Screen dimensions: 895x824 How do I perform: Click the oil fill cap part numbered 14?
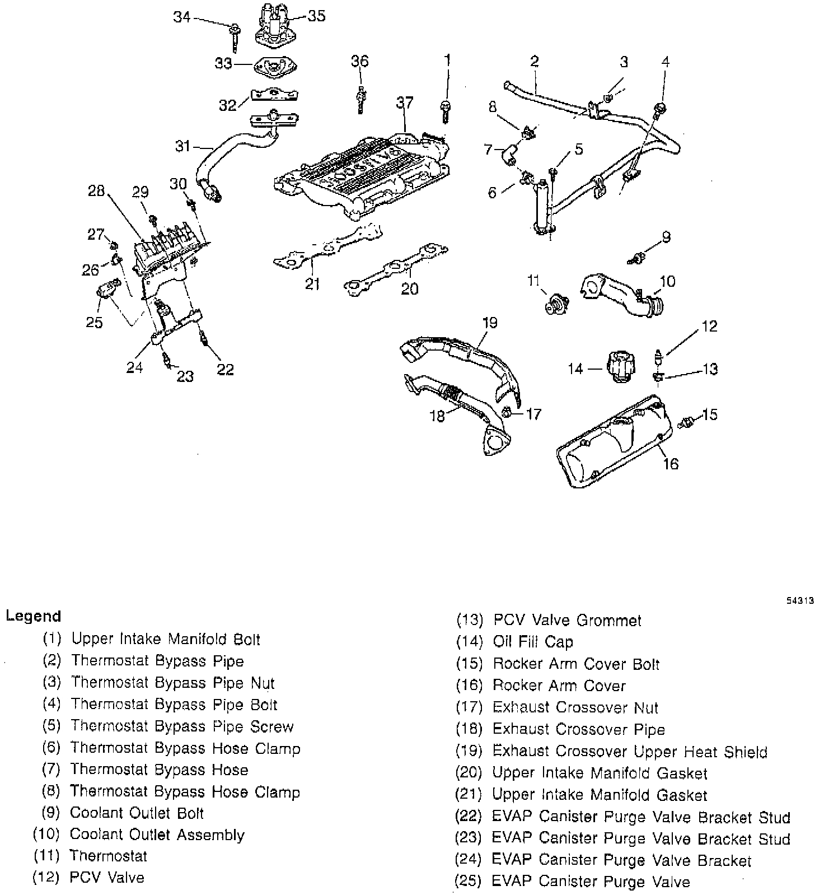[x=622, y=367]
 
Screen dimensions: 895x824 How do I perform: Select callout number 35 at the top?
[x=316, y=16]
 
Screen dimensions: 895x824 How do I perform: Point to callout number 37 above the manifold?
[x=405, y=102]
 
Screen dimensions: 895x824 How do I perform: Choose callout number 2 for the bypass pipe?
[x=534, y=60]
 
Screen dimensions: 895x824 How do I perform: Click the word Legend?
[x=33, y=616]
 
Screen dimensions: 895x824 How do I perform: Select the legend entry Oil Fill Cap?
[x=533, y=642]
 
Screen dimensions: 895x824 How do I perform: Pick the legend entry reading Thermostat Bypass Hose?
[x=159, y=770]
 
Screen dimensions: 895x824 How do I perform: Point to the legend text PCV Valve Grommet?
[x=567, y=621]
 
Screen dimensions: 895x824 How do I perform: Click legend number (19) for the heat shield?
[x=469, y=751]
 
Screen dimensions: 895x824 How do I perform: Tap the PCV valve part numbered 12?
[x=659, y=357]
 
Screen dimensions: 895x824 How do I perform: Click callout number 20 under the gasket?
[x=410, y=288]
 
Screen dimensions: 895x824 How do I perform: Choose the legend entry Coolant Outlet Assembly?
[x=157, y=835]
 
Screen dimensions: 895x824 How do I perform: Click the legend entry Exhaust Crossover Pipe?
[x=578, y=729]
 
